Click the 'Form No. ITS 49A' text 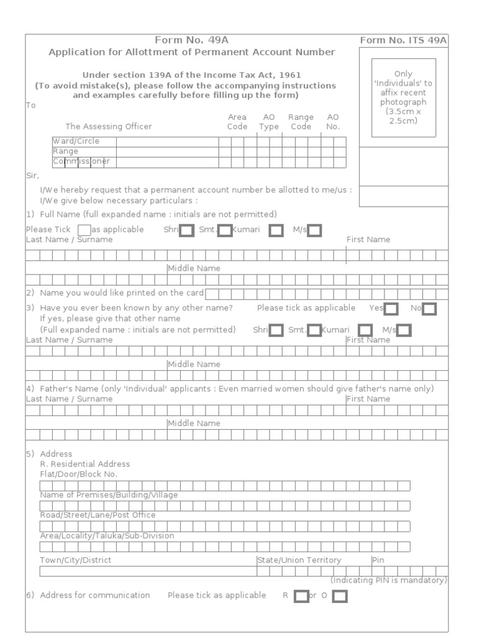[x=403, y=41]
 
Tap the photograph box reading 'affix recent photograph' [x=404, y=97]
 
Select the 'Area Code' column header [x=237, y=122]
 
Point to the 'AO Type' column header [x=269, y=122]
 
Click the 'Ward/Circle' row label [x=76, y=141]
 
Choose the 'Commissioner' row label [x=81, y=161]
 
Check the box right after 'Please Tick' [x=84, y=230]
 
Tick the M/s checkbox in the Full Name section [x=315, y=231]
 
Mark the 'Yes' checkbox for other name [x=391, y=309]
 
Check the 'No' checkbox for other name [x=429, y=309]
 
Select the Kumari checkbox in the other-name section [x=366, y=330]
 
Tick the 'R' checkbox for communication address [x=301, y=597]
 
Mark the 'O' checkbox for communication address [x=340, y=597]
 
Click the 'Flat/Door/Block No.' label [x=79, y=474]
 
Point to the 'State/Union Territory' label [x=299, y=560]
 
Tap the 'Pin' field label [x=378, y=560]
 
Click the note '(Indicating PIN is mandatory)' [x=388, y=580]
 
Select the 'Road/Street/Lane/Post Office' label [x=98, y=515]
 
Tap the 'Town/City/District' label [x=76, y=560]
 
